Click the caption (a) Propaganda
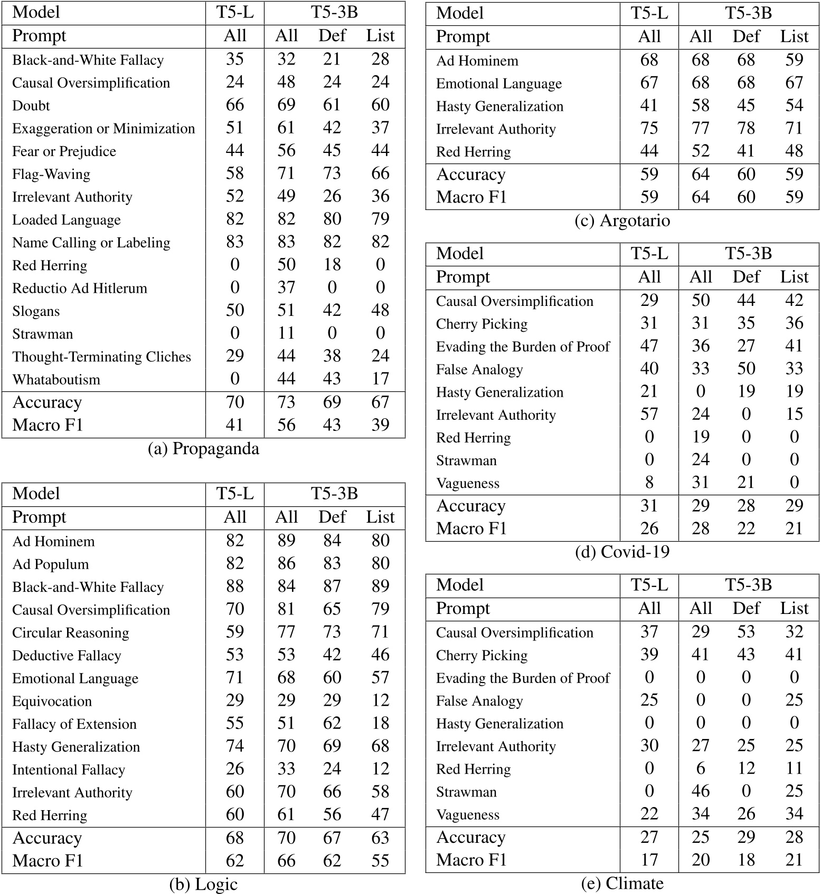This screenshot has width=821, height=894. pyautogui.click(x=203, y=449)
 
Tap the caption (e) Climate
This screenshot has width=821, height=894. pyautogui.click(x=622, y=883)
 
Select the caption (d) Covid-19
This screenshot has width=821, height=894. pyautogui.click(x=622, y=552)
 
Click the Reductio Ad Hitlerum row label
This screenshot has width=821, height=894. pyautogui.click(x=79, y=288)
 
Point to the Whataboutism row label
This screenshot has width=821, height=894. pyautogui.click(x=56, y=379)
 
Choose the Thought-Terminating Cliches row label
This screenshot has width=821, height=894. pyautogui.click(x=101, y=357)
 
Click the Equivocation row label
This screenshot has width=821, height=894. pyautogui.click(x=52, y=701)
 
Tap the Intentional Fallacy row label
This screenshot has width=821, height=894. pyautogui.click(x=69, y=770)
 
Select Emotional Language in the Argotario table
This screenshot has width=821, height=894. pyautogui.click(x=498, y=83)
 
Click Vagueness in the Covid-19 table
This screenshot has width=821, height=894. pyautogui.click(x=467, y=483)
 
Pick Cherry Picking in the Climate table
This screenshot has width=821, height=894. pyautogui.click(x=482, y=655)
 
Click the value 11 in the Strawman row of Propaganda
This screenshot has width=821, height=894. pyautogui.click(x=286, y=333)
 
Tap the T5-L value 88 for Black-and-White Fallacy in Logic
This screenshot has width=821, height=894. pyautogui.click(x=235, y=587)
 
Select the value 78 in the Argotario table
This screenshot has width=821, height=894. pyautogui.click(x=746, y=128)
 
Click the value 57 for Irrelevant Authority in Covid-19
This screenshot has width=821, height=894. pyautogui.click(x=649, y=415)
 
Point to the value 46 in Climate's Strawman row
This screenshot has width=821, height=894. pyautogui.click(x=701, y=791)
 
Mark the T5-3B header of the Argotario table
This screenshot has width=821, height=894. pyautogui.click(x=748, y=13)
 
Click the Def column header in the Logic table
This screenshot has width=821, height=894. pyautogui.click(x=332, y=517)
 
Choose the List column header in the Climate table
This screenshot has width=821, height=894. pyautogui.click(x=794, y=608)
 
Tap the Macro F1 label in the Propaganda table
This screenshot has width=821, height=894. pyautogui.click(x=48, y=425)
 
